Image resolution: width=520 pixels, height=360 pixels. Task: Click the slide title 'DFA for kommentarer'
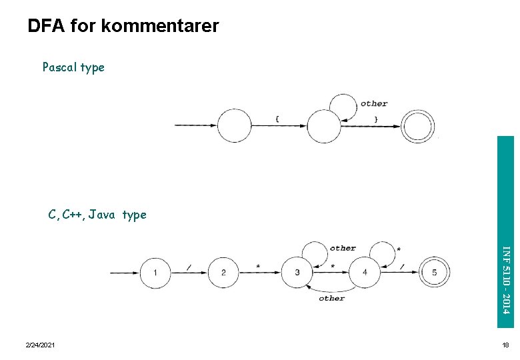click(x=123, y=27)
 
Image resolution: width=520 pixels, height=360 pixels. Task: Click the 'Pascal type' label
click(x=73, y=67)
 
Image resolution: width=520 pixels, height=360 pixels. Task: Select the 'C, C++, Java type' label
click(x=97, y=215)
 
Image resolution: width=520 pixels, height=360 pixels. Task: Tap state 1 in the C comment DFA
click(x=155, y=273)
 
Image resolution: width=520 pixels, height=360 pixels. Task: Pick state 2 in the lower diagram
click(x=224, y=273)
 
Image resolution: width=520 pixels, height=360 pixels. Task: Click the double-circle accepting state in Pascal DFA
click(x=418, y=126)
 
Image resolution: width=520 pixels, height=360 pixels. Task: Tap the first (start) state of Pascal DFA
click(x=235, y=126)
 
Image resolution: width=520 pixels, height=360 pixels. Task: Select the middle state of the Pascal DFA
click(x=324, y=126)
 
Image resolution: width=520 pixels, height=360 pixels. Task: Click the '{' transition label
click(x=277, y=119)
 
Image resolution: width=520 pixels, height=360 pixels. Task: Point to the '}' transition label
click(x=376, y=119)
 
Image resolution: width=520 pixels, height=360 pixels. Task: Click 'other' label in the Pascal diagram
click(x=373, y=103)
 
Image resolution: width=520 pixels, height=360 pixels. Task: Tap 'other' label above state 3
click(x=343, y=248)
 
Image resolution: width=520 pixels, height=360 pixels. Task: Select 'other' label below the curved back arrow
click(x=331, y=299)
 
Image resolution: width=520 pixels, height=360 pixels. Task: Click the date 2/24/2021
click(x=40, y=345)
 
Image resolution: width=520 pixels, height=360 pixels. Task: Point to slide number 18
click(x=505, y=345)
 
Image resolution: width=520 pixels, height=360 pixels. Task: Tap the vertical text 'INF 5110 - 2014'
click(x=505, y=280)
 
